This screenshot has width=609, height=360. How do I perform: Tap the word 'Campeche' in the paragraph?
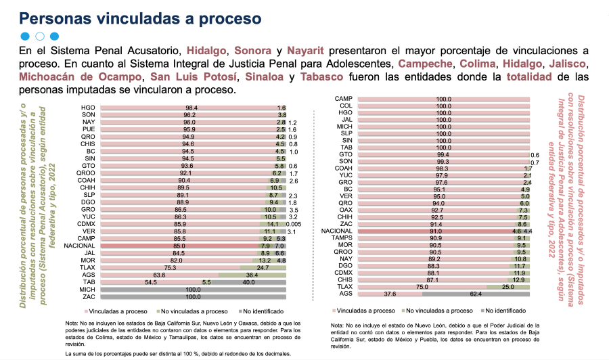coord(425,64)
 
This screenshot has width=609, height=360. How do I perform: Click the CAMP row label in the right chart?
coord(342,99)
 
